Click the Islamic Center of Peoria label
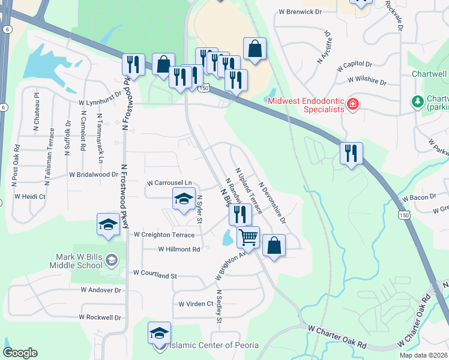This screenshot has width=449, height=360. (x=214, y=345)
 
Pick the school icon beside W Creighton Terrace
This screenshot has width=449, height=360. (x=108, y=224)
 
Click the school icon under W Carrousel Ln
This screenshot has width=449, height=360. (x=184, y=199)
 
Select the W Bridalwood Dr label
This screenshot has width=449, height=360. (x=94, y=175)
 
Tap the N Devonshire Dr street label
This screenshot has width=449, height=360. (x=272, y=203)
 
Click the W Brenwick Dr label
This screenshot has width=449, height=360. (x=300, y=11)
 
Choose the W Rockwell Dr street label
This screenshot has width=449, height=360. (x=100, y=317)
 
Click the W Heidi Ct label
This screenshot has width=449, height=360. (x=30, y=196)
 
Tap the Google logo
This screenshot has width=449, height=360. (x=20, y=353)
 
